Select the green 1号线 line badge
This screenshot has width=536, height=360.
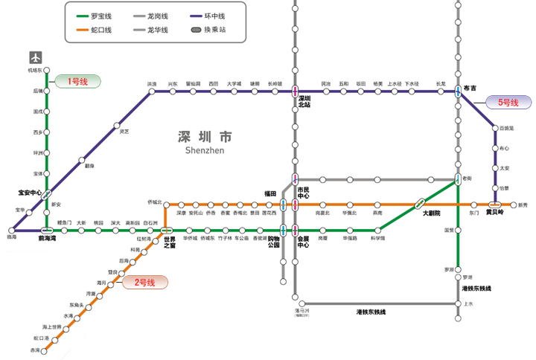tap(77, 82)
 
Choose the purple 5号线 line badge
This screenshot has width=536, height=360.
tap(508, 103)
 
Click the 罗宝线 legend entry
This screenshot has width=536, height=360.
tap(100, 16)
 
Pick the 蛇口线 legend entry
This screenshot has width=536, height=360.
tap(100, 30)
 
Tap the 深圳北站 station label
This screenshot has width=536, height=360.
tap(304, 102)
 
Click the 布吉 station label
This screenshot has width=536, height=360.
tap(470, 88)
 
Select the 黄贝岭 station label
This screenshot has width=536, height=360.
tap(495, 213)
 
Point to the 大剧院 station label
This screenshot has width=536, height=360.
tap(431, 213)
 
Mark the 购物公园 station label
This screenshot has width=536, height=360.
tap(273, 242)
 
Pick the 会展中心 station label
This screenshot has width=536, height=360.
tap(304, 242)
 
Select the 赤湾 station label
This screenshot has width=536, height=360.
tap(34, 350)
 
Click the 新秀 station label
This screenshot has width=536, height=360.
tap(522, 205)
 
